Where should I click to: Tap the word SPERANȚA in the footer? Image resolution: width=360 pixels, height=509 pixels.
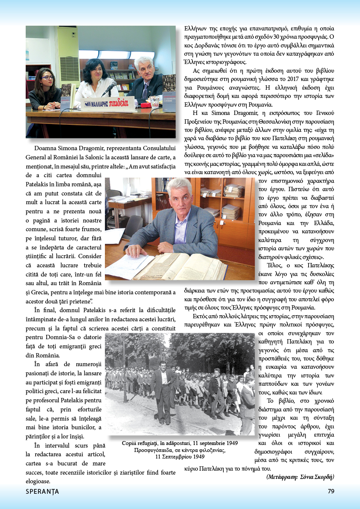click(42, 492)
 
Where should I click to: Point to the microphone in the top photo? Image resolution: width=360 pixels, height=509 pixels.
click(109, 88)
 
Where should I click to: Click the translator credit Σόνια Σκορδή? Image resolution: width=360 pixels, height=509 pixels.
click(317, 477)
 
